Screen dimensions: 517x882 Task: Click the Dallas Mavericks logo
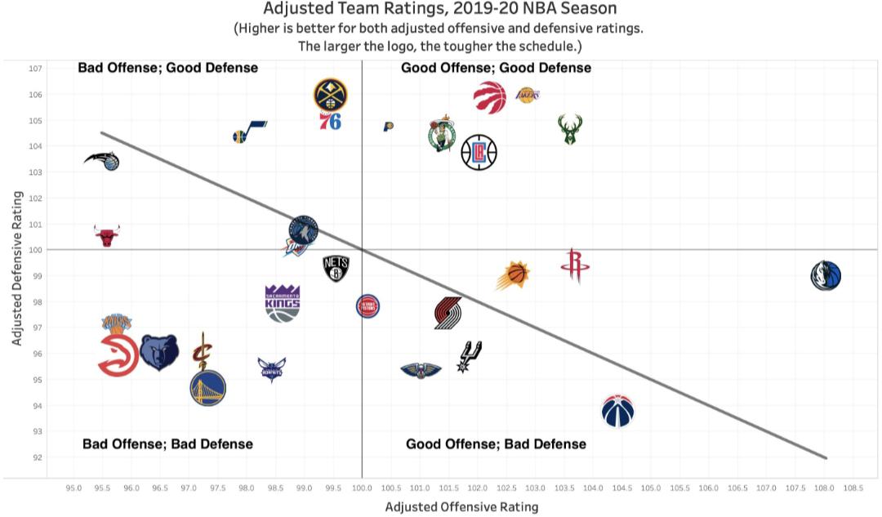pos(826,275)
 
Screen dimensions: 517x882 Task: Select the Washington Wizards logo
pos(618,410)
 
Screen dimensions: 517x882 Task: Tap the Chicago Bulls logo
pos(107,236)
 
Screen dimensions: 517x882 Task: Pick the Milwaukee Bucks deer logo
pos(570,129)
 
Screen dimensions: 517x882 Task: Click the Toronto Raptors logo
pos(489,97)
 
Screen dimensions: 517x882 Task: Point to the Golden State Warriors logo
pos(207,389)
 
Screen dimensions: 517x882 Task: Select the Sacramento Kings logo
pos(283,303)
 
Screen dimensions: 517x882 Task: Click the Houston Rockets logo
pos(575,267)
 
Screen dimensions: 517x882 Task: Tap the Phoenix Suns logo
pos(513,275)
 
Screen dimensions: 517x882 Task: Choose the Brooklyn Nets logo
pos(336,268)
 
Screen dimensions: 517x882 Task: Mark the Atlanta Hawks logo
pos(118,355)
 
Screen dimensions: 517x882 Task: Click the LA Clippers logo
pos(479,152)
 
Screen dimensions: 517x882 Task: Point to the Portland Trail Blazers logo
pos(448,314)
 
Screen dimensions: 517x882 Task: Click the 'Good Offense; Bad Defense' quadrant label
pos(496,444)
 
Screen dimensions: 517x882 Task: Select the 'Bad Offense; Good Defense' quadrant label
pos(167,68)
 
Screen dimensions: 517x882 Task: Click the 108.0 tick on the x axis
pos(823,488)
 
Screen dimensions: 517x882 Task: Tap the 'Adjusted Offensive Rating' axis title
pos(461,506)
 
